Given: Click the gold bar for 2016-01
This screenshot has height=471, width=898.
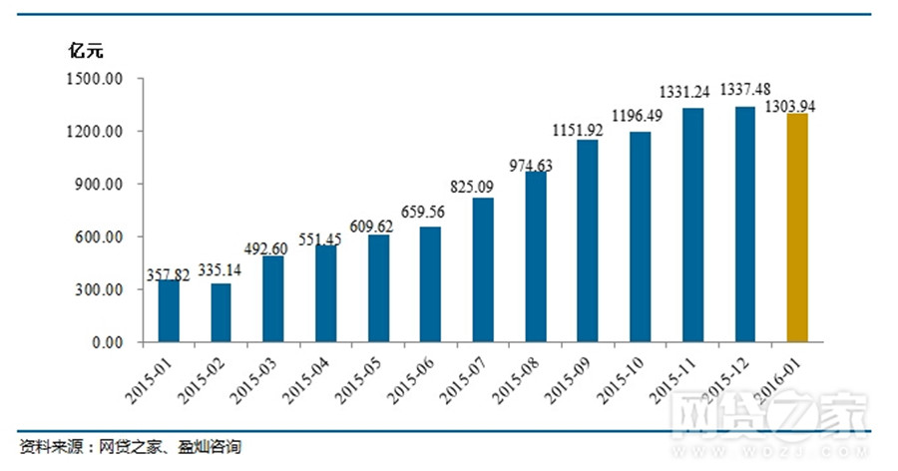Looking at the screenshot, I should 796,228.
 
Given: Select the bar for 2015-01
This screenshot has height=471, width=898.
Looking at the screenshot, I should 169,311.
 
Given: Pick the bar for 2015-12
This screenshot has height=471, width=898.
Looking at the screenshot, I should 744,225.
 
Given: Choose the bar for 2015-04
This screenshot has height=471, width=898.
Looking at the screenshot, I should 326,293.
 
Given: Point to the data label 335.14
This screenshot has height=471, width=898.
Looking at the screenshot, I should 223,269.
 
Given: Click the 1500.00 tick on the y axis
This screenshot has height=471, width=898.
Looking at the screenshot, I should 92,79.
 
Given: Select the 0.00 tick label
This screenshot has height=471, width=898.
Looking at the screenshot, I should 101,343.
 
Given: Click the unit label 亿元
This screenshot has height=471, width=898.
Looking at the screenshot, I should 86,49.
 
